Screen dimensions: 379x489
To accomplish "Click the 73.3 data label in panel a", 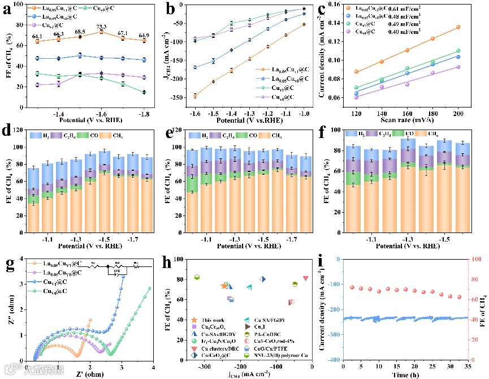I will point(101,27).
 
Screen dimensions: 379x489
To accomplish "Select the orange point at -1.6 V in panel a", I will point(102,32).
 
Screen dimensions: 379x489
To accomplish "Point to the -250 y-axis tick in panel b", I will point(180,98).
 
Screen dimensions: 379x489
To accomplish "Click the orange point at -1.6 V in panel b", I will point(195,96).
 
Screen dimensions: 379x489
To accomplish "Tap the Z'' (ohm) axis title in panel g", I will point(8,308).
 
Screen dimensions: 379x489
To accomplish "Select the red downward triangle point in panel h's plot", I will point(306,278).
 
